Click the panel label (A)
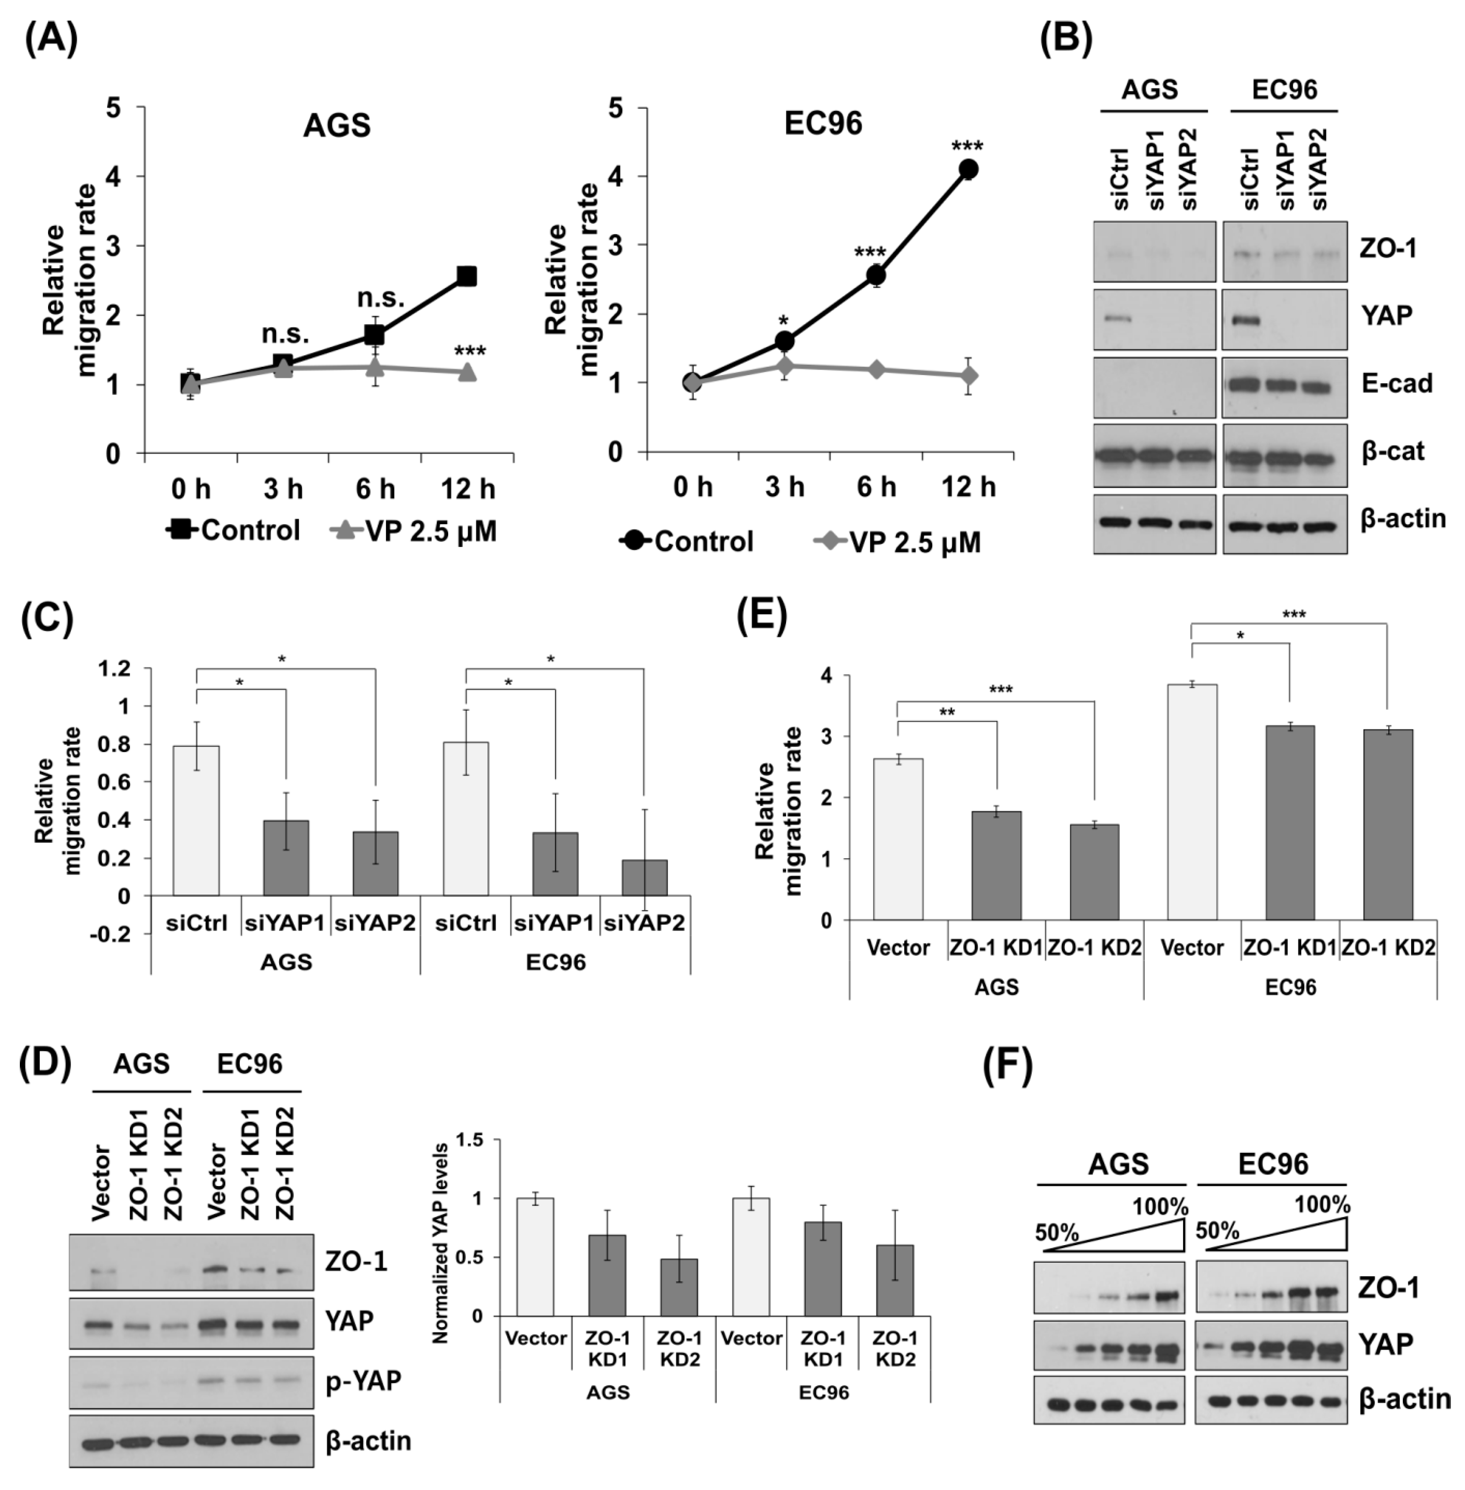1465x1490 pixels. pyautogui.click(x=51, y=40)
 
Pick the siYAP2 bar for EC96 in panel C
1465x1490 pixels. pyautogui.click(x=644, y=877)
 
